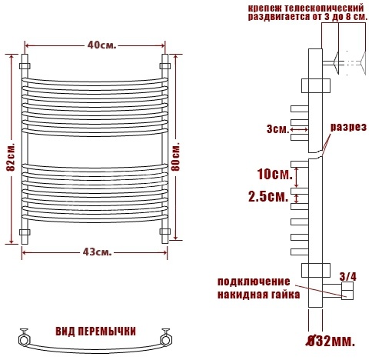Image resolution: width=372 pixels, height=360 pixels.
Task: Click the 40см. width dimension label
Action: coord(101,45)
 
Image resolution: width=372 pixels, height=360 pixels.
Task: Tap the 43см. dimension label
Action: coord(98,252)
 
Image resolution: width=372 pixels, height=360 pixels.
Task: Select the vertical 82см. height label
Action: coord(12,156)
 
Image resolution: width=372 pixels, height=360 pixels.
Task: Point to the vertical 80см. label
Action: coord(177,155)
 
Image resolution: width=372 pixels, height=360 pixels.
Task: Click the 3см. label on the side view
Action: coord(277,129)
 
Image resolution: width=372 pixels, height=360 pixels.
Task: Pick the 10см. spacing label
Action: coord(275,174)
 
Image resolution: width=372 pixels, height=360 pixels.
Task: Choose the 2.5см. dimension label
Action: coord(268,197)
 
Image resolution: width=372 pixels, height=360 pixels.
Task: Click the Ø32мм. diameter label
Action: coord(331,341)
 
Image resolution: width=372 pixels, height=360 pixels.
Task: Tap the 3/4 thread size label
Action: coord(347,277)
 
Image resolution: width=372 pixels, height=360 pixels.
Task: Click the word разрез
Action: coord(348,127)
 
